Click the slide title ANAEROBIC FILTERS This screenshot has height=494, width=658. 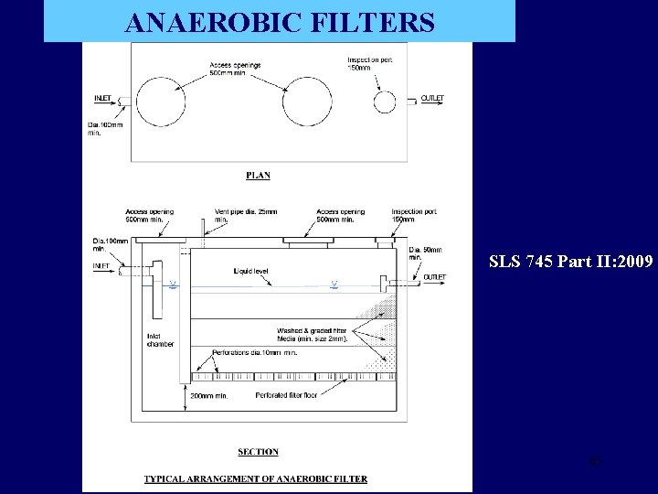point(280,22)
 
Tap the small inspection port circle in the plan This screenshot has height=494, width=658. point(385,102)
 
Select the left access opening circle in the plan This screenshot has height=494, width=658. point(161,102)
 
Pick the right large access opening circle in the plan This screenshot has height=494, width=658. point(307,102)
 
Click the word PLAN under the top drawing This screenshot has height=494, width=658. point(259,175)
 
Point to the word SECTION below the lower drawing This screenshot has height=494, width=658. point(259,452)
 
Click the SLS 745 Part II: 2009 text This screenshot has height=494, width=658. point(571,262)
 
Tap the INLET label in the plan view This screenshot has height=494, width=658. point(103,98)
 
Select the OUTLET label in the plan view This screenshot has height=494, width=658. point(433,98)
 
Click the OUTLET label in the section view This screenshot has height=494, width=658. point(435,277)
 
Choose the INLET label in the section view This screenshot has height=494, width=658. point(101,266)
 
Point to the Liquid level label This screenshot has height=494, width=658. point(250,271)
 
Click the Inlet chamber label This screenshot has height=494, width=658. point(160,339)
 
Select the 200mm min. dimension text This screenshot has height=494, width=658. point(209,396)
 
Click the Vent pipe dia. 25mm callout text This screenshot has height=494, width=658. point(234,216)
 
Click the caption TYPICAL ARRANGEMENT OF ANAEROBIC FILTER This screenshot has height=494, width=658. point(256,478)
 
